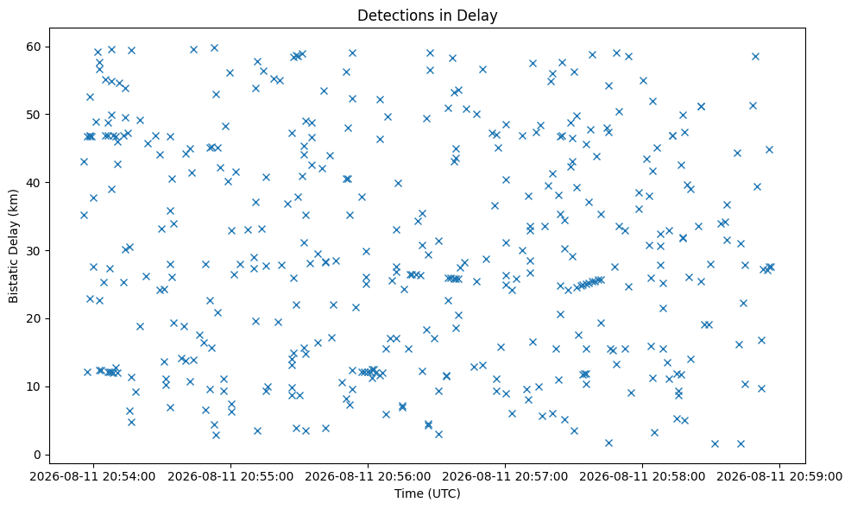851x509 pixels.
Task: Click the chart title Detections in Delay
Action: [x=427, y=16]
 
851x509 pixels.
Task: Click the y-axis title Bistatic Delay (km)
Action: [x=14, y=247]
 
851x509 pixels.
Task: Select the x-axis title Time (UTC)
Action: [x=427, y=493]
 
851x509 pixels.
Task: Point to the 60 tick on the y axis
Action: [x=35, y=47]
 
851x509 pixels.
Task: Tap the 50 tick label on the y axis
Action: [x=35, y=115]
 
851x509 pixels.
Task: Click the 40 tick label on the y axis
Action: [x=35, y=182]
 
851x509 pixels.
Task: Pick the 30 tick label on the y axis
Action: [x=35, y=251]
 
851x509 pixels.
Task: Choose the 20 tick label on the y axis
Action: [x=35, y=318]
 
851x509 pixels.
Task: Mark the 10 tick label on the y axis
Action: [x=35, y=386]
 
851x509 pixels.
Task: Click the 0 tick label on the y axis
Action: [x=38, y=455]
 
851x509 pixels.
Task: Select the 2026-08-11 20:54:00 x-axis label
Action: [x=93, y=477]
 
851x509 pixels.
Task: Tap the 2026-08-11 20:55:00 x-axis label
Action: [x=230, y=477]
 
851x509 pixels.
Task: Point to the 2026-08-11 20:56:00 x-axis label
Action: [x=368, y=477]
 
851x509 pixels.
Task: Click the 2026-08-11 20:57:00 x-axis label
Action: [x=505, y=477]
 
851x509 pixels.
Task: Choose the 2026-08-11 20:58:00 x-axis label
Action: [x=642, y=477]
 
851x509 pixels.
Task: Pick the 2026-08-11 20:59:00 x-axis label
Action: [x=779, y=477]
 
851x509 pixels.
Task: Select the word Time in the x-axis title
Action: [x=406, y=493]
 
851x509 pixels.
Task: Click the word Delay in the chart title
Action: [x=480, y=16]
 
